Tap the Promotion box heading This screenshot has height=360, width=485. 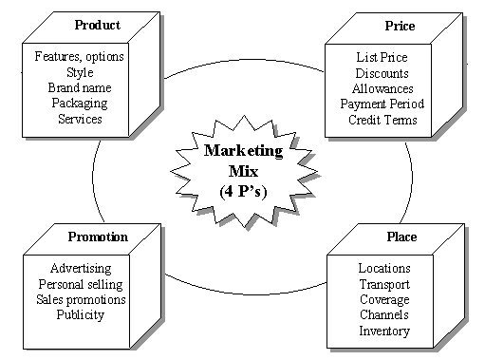[x=98, y=237]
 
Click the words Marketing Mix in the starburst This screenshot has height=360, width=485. [x=235, y=159]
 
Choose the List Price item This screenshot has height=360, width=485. [x=381, y=57]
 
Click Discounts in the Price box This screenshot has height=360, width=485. [x=381, y=73]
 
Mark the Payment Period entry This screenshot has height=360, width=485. [x=381, y=104]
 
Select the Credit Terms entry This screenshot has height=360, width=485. [x=381, y=120]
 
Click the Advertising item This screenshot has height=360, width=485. [x=81, y=269]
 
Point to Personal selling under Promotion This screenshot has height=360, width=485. [x=81, y=284]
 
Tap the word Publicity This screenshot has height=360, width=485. [x=81, y=315]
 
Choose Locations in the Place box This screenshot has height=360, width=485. [x=384, y=269]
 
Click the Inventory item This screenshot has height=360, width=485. [x=384, y=331]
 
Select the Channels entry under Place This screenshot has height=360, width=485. [x=384, y=315]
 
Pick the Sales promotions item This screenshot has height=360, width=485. [x=81, y=300]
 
